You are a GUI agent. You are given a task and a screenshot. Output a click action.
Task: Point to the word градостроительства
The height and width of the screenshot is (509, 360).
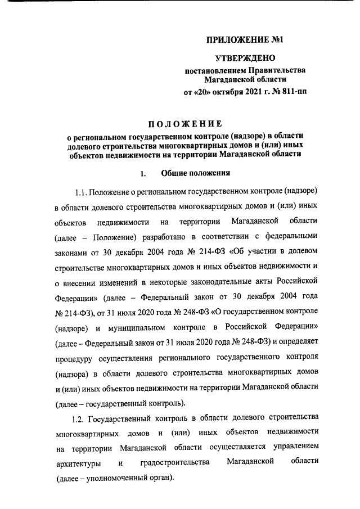coord(174,463)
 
